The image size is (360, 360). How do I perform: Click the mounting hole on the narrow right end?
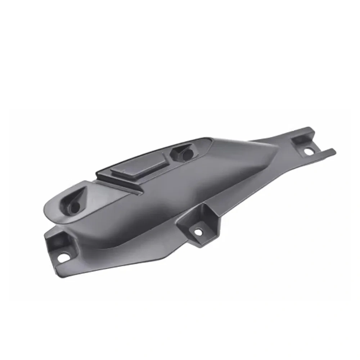pos(309,152)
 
